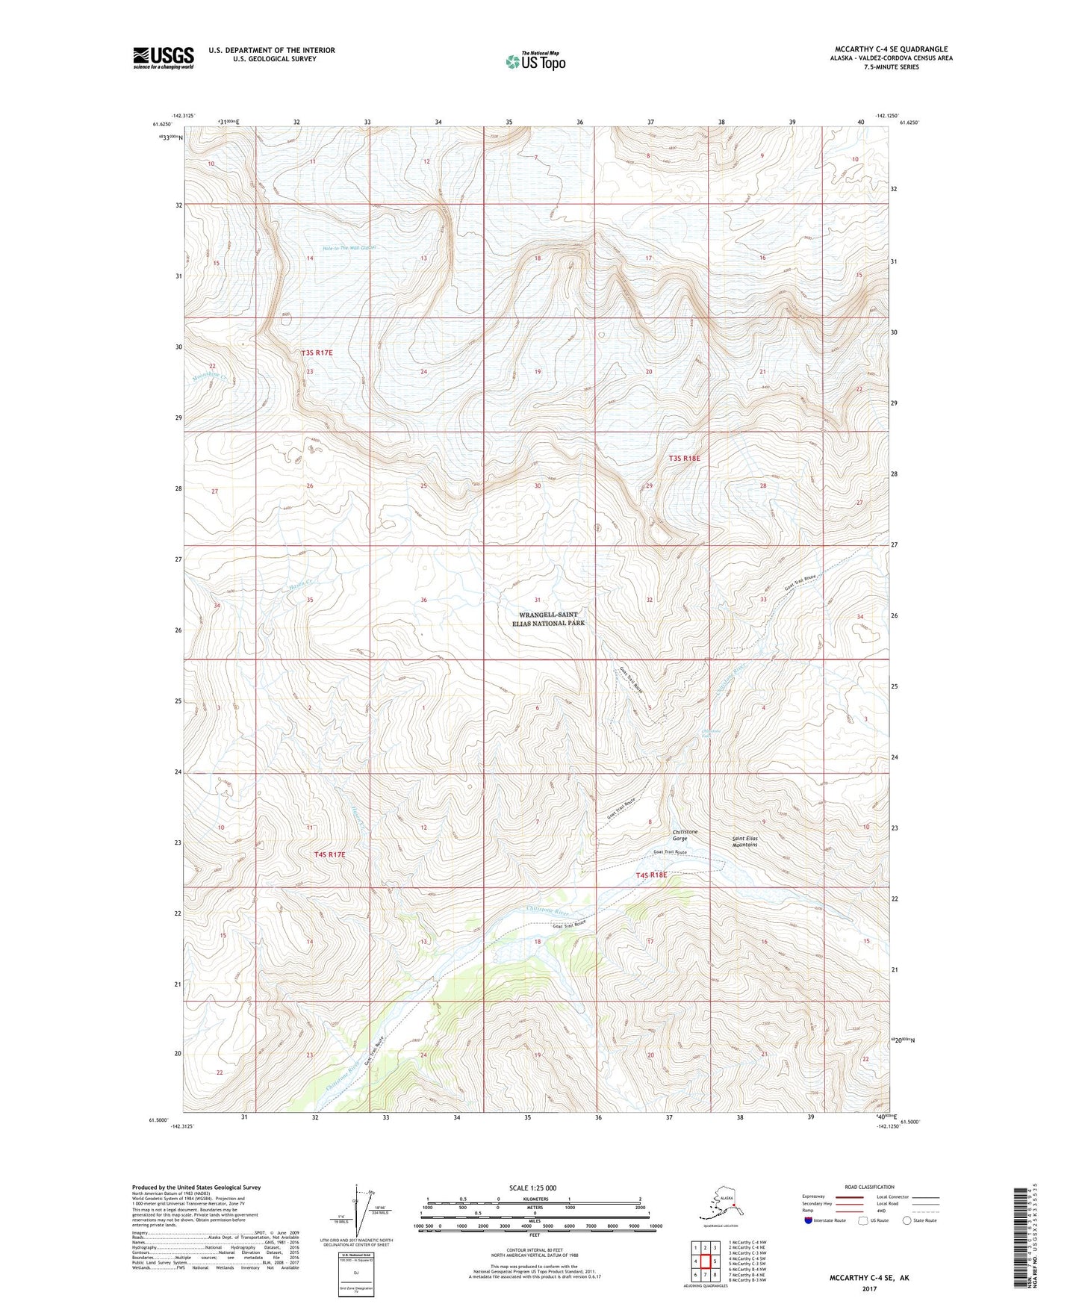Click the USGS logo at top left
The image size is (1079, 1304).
tap(164, 58)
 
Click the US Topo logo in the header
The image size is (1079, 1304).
tap(535, 61)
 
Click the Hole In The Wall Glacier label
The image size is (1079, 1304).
tap(339, 247)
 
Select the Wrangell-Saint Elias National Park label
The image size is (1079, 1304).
tap(548, 618)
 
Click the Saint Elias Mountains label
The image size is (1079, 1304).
tap(744, 841)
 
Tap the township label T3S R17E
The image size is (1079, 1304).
tap(317, 352)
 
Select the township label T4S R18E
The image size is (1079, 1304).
tap(651, 875)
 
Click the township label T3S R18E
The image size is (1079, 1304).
tap(684, 458)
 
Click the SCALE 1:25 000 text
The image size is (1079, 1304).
tap(532, 1187)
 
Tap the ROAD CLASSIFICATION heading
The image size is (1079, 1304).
tap(869, 1187)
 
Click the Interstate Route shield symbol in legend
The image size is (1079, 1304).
tap(809, 1220)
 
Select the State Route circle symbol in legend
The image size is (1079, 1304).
tap(907, 1220)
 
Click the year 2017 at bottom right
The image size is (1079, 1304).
tap(868, 1288)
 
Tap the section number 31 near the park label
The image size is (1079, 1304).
tap(537, 600)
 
